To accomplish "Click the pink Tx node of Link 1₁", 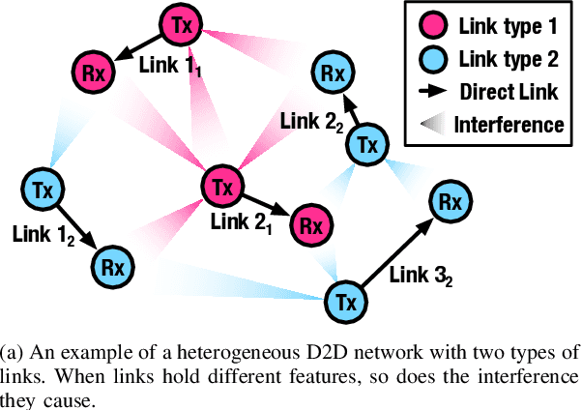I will (178, 26).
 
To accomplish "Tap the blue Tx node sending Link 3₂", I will (346, 301).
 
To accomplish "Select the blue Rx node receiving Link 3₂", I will (450, 201).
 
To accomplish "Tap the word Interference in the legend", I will (509, 125).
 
